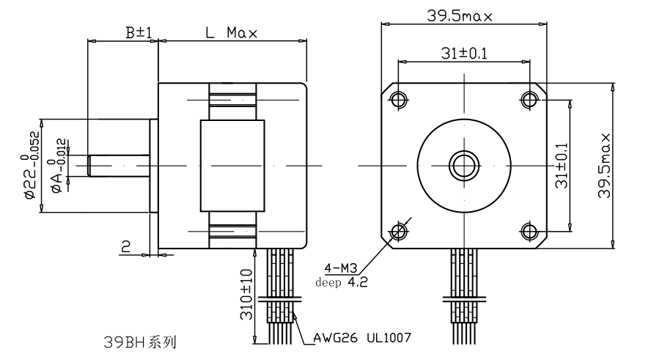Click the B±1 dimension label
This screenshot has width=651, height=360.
tap(138, 33)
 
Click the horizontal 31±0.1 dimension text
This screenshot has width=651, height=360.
tap(463, 54)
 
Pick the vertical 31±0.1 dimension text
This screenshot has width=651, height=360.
tap(562, 165)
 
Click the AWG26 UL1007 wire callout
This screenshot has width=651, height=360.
tap(361, 338)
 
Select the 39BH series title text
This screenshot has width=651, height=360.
tap(139, 342)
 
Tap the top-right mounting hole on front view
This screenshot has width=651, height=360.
tap(529, 99)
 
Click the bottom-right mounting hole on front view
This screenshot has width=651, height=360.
tap(529, 232)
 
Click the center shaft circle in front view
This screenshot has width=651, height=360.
tap(463, 165)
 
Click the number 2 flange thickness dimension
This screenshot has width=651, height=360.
tap(125, 247)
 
